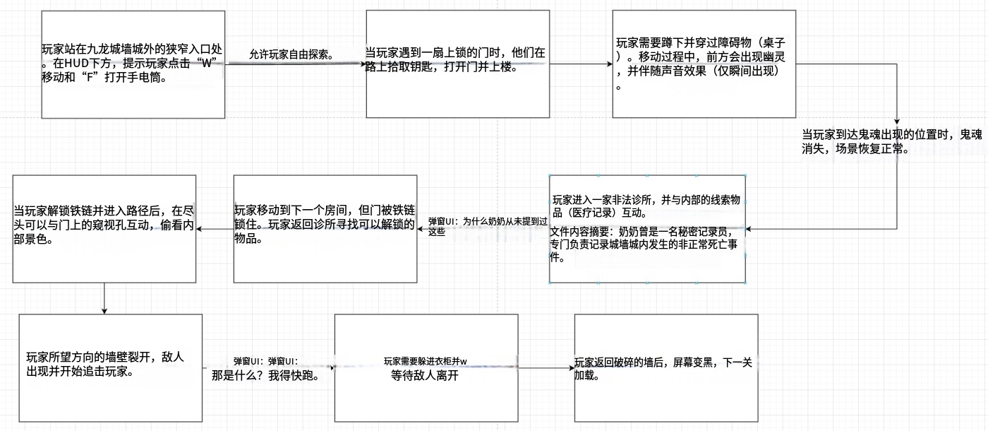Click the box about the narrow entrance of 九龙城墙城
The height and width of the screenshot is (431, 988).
tap(133, 64)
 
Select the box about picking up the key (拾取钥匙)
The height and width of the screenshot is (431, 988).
tap(458, 64)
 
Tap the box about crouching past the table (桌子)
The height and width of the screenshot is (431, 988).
tap(704, 64)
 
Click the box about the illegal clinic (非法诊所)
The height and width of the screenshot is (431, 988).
tap(648, 229)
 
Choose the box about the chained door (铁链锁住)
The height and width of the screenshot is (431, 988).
tap(325, 229)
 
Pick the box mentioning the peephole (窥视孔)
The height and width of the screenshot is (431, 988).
tap(104, 229)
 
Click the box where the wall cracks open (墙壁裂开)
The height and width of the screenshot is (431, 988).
tap(111, 368)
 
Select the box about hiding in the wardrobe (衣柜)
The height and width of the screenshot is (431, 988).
tap(426, 368)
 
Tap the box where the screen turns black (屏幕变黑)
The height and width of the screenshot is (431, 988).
tap(666, 368)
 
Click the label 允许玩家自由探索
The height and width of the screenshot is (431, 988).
tap(291, 54)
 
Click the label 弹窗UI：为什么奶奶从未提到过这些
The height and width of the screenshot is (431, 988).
tap(488, 226)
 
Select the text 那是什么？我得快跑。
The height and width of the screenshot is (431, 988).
tap(265, 375)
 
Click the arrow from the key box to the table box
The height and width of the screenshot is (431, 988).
tap(581, 64)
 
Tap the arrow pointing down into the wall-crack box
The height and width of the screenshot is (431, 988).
tap(104, 298)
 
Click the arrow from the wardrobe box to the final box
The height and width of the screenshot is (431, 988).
tap(546, 368)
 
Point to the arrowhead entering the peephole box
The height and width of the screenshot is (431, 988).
tap(199, 229)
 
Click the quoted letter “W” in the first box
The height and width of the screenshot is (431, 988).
tap(206, 63)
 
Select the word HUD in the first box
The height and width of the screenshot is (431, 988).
tap(77, 63)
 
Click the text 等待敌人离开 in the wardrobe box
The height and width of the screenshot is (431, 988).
tap(424, 375)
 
